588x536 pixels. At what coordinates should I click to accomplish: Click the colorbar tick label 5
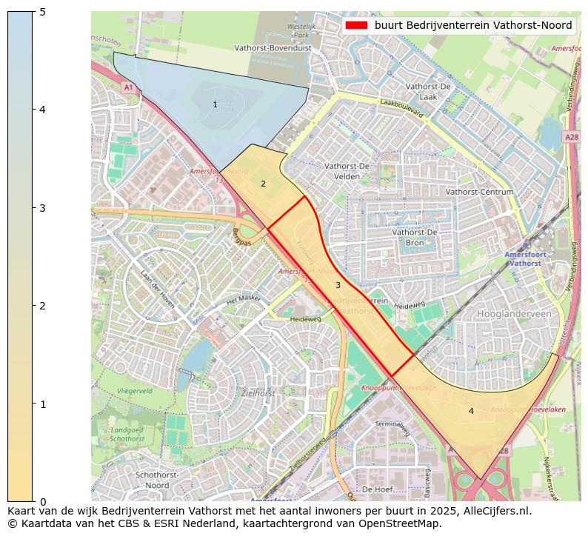coord(42,12)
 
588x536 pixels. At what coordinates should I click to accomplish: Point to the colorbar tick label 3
coord(42,208)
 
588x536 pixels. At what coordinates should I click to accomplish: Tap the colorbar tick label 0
coord(42,502)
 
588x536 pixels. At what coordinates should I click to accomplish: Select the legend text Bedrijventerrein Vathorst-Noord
coord(472,25)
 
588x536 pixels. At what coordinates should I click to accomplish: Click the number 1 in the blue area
coord(216,105)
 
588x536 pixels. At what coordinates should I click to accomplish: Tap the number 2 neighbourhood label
coord(263,184)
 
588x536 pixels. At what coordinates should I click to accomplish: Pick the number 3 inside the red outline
coord(338,285)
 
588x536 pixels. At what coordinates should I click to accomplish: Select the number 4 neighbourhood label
coord(471,411)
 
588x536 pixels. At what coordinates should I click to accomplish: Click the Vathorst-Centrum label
coord(480,192)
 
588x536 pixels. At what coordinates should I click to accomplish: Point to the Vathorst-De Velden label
coord(347,171)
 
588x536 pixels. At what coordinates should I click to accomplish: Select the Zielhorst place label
coord(259,394)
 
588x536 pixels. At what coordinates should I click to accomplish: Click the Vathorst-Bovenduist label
coord(273,47)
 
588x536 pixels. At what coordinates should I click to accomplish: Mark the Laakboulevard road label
coord(401,109)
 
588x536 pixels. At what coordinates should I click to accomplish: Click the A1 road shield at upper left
coord(128,87)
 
